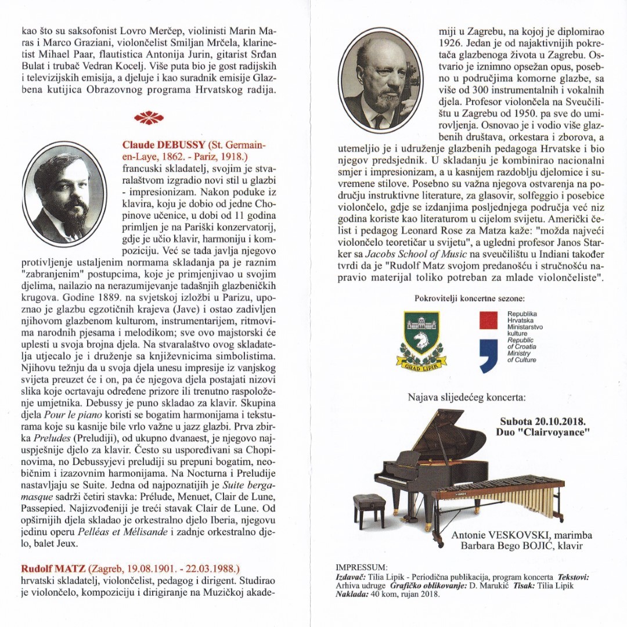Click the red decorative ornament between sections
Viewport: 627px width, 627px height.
pos(149,117)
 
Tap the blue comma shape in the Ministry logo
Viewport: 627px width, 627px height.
pos(488,355)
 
